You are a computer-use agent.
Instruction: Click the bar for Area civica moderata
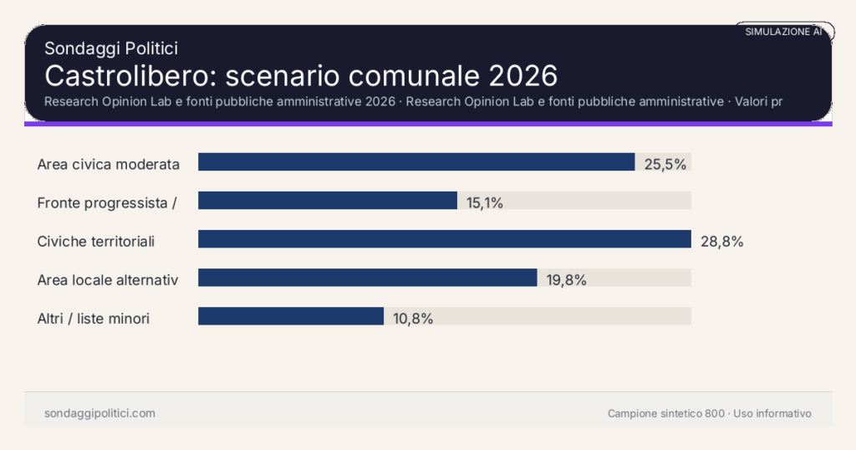tap(416, 162)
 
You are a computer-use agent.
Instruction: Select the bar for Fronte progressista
tap(328, 201)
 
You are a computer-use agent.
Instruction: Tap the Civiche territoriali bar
tap(444, 239)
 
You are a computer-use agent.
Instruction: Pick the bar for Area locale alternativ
tap(367, 278)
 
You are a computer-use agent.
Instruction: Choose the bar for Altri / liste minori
tap(291, 316)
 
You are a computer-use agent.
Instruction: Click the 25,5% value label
tap(665, 164)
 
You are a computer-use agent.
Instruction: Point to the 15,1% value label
tap(485, 202)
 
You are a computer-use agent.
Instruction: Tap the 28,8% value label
tap(721, 242)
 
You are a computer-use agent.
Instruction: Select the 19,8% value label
tap(566, 280)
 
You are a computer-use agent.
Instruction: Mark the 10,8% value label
tap(412, 319)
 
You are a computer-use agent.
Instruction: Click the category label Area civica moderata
tap(109, 164)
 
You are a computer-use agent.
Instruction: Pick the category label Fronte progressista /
tap(105, 202)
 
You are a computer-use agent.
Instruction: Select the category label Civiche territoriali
tap(96, 242)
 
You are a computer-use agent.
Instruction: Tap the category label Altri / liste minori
tap(94, 319)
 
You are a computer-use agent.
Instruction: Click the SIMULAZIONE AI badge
tap(783, 32)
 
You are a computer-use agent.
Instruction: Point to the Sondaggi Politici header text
tap(110, 49)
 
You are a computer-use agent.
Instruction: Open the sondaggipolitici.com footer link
tap(99, 413)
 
